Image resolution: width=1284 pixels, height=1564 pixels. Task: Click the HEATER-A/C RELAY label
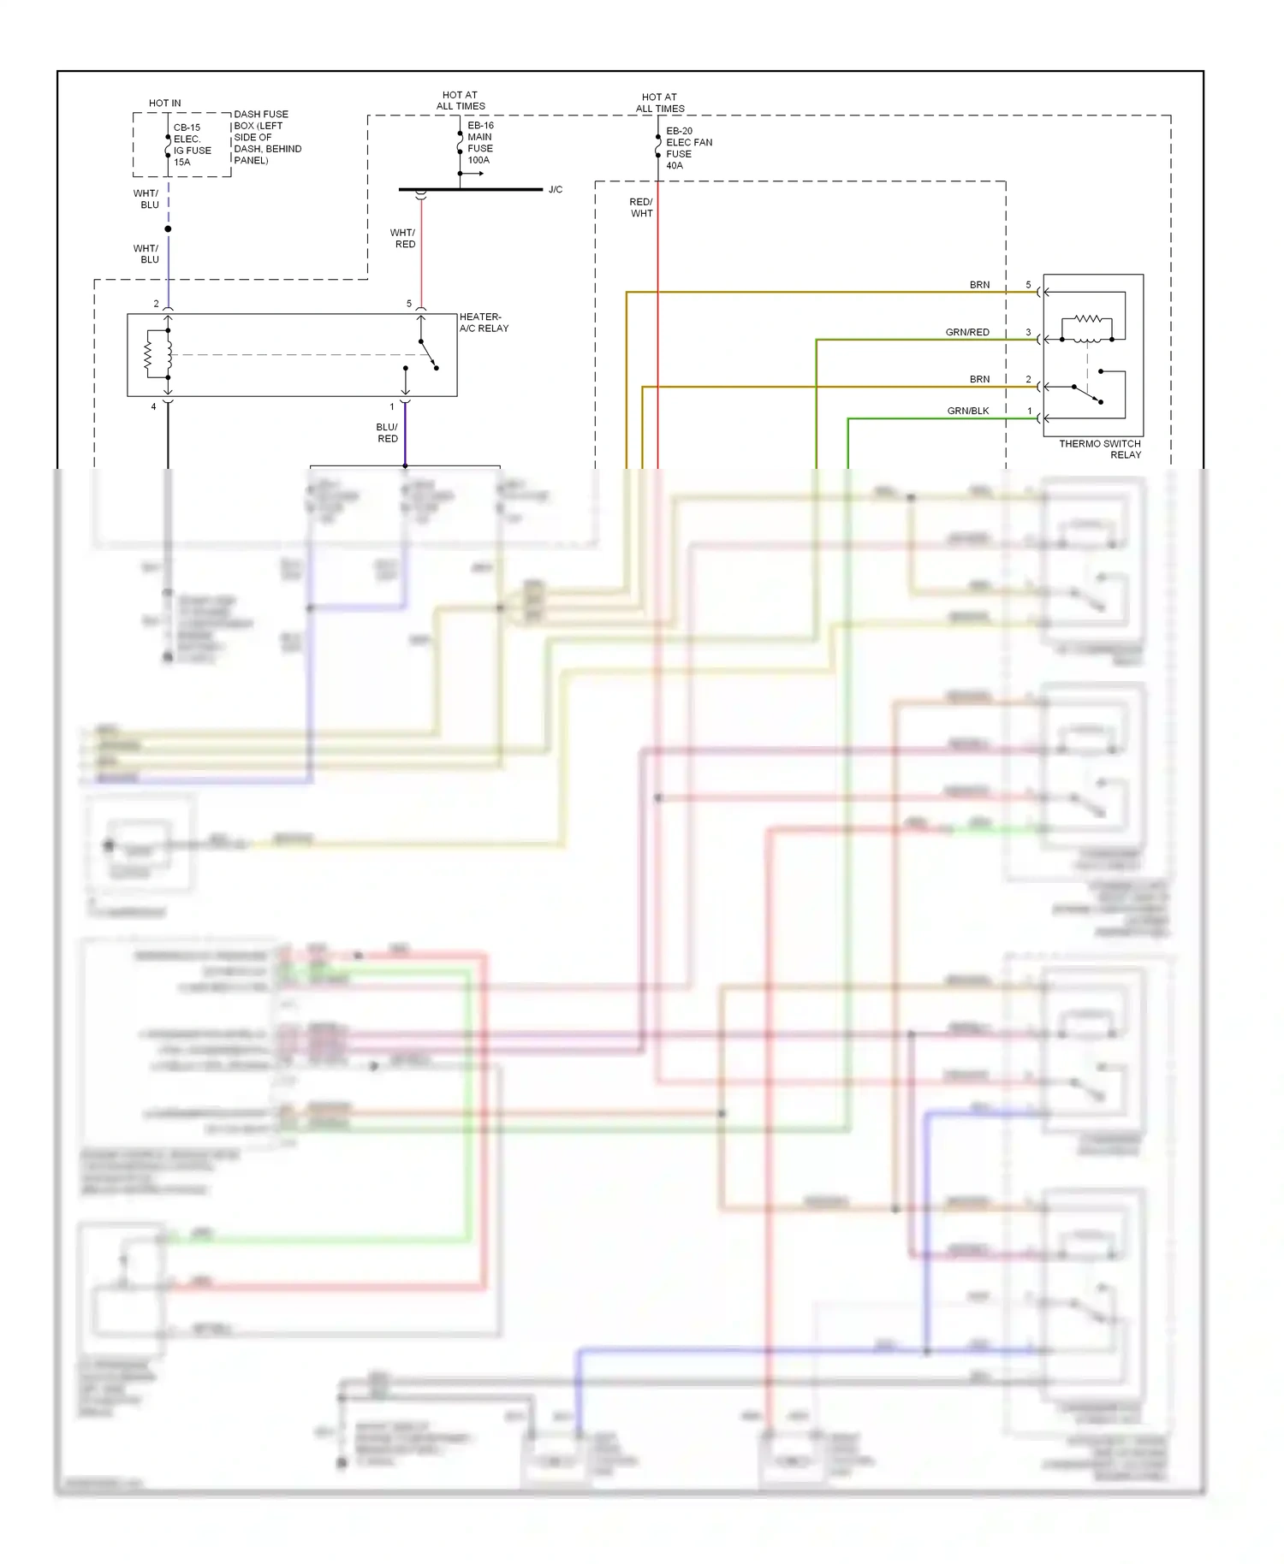coord(484,323)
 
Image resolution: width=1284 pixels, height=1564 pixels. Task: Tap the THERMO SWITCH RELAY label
coord(1100,449)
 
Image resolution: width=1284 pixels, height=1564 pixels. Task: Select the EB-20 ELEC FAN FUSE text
coord(688,148)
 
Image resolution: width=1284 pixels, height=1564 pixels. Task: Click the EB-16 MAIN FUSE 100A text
coord(480,142)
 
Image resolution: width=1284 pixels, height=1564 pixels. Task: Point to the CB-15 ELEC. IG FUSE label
coord(192,145)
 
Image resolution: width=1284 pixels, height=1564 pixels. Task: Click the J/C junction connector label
coord(556,190)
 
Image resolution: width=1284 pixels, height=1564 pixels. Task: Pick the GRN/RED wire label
coord(966,332)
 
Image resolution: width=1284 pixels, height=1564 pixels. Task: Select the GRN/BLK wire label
coord(967,411)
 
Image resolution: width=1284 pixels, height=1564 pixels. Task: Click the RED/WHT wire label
coord(641,208)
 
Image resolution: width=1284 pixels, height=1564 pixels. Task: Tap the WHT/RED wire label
coord(403,239)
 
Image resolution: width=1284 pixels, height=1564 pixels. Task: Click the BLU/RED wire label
coord(387,433)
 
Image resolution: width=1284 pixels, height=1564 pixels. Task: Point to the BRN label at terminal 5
coord(979,285)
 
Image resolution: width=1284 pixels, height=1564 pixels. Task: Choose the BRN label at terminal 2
coord(979,379)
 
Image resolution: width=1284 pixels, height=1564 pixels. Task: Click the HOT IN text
coord(164,103)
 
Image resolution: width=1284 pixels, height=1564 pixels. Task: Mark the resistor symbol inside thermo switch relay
coord(1087,318)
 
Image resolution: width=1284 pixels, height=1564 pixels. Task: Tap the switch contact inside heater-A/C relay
coord(428,355)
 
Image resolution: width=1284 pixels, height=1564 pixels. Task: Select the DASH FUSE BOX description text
coord(267,137)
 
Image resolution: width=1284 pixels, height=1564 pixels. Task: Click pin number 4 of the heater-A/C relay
coord(154,406)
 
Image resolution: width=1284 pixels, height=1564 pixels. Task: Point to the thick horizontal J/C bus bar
coord(471,189)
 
